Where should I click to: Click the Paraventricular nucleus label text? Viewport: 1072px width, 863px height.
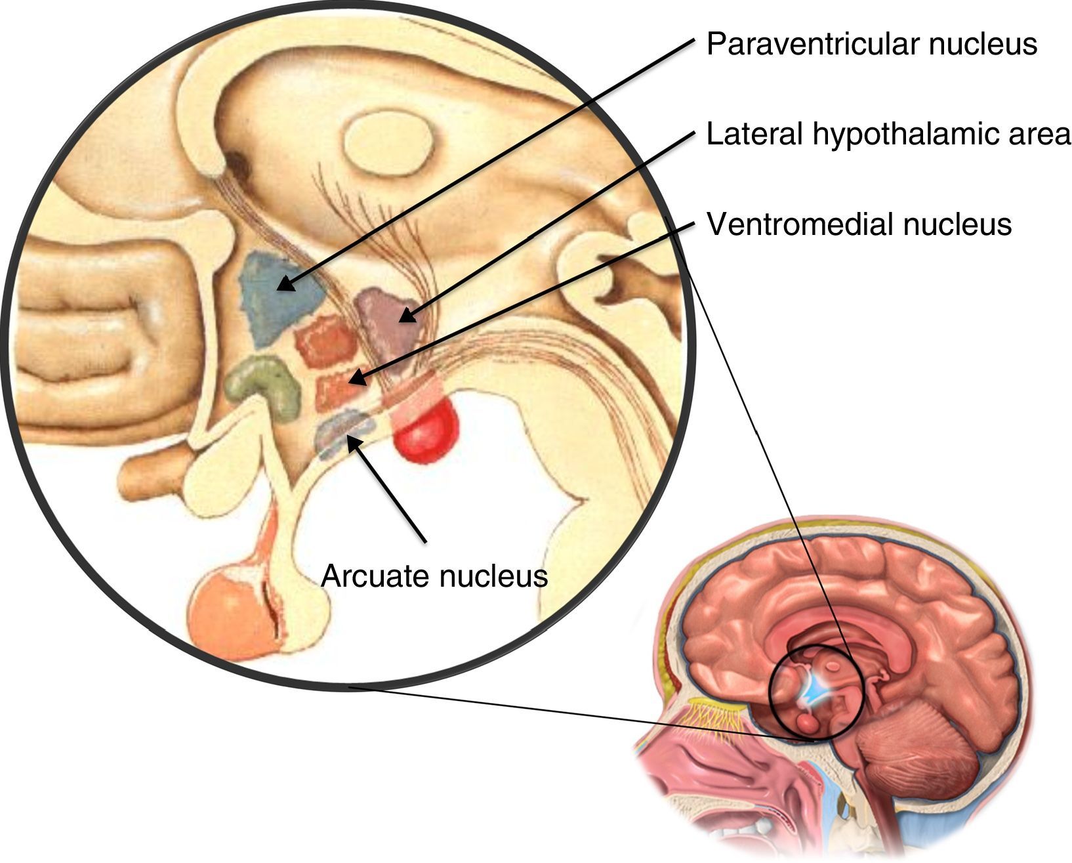[871, 44]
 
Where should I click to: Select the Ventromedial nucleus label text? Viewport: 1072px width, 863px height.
[859, 224]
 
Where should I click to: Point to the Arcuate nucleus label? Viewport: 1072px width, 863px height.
[434, 576]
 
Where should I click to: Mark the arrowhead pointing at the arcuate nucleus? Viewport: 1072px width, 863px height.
[352, 441]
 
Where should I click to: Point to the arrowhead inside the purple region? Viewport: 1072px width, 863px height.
[407, 316]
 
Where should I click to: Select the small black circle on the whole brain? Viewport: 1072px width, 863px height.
[817, 692]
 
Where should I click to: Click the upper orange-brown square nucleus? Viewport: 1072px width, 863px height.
[326, 340]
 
